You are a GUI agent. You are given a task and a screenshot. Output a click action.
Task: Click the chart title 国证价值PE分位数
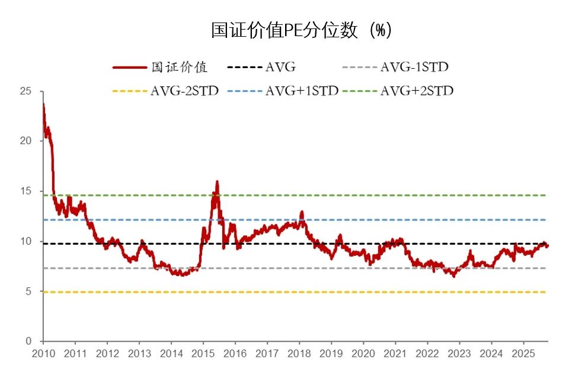coord(301,31)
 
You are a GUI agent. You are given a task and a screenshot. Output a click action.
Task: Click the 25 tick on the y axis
coord(25,91)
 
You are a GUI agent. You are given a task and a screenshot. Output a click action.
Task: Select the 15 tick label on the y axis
coord(25,191)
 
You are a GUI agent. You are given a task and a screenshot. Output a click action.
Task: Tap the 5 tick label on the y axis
coord(28,291)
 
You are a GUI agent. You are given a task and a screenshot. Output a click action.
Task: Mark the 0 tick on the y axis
coord(28,341)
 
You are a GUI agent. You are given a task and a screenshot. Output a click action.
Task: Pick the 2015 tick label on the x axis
coord(203,354)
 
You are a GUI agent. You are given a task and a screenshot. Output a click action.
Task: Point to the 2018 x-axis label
coord(299,354)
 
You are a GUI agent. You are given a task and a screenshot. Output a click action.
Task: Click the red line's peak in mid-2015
coord(217,182)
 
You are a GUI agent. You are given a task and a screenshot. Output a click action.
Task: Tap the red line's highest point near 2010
coord(43,105)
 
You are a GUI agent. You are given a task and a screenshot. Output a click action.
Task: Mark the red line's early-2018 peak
coord(302,212)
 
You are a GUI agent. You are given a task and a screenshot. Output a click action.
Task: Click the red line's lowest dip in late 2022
coord(454,276)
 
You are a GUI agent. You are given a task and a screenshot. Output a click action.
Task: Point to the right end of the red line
coord(547,245)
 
